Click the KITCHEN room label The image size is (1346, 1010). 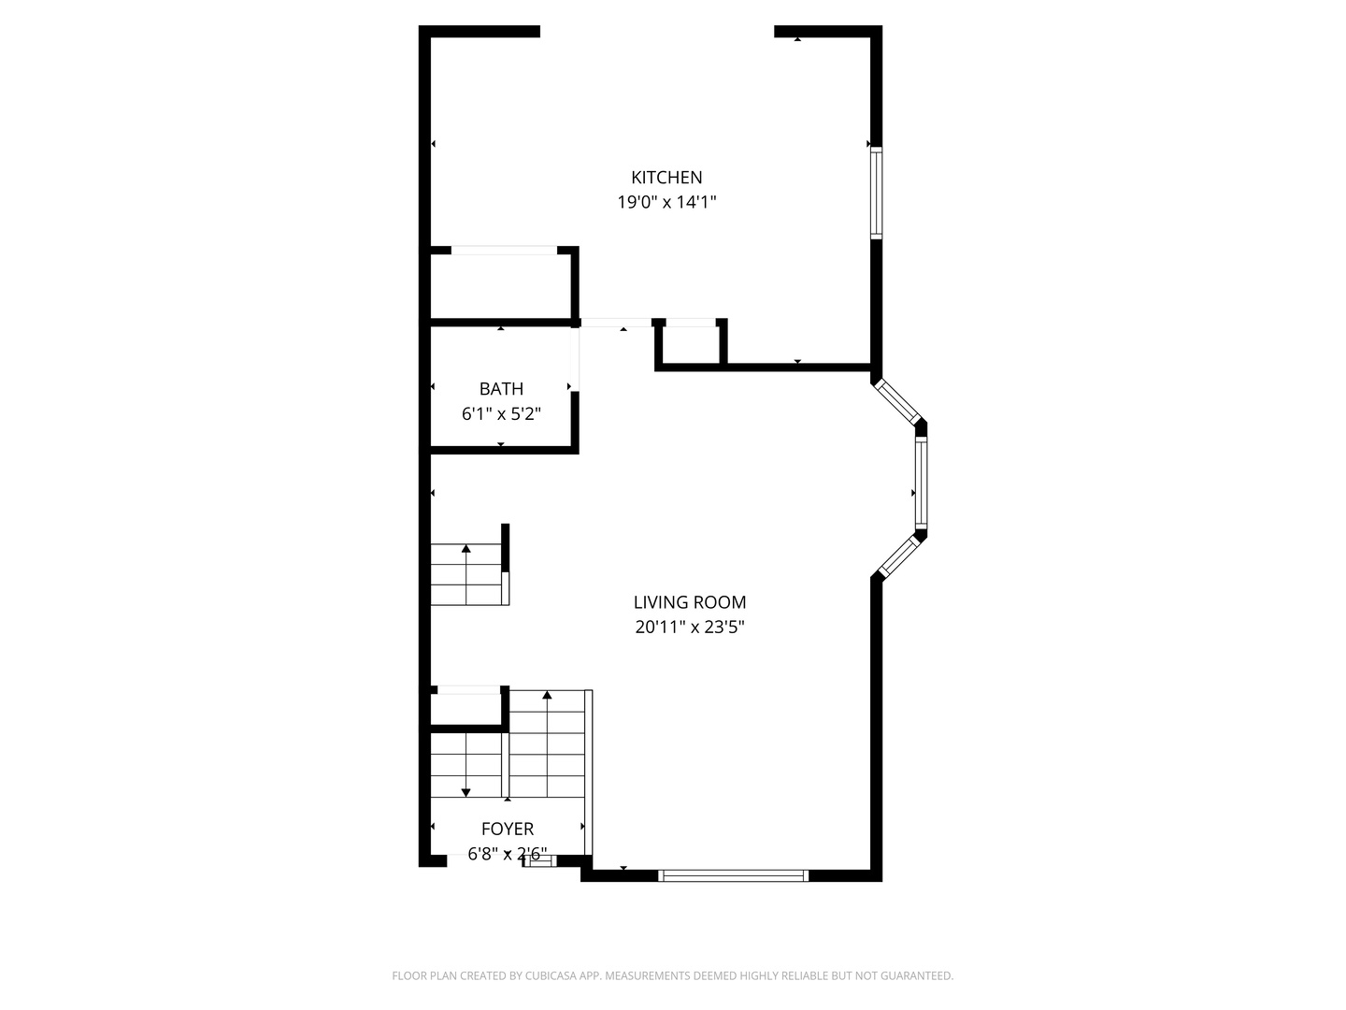[x=666, y=177]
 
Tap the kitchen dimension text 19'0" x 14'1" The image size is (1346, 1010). [x=666, y=202]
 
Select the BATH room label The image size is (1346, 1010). [x=501, y=389]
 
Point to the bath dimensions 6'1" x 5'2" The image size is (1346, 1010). [x=501, y=413]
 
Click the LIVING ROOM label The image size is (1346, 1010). [x=690, y=602]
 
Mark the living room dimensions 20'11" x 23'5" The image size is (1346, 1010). [x=690, y=628]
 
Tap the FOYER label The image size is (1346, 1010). [x=508, y=829]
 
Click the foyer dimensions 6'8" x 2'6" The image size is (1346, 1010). [x=508, y=854]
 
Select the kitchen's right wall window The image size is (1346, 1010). [x=876, y=194]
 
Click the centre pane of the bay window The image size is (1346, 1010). [x=921, y=482]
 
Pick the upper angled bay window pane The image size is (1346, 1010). [x=898, y=400]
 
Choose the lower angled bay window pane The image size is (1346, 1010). [x=899, y=555]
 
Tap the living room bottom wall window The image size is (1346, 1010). [x=733, y=875]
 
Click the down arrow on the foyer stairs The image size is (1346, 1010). [x=465, y=791]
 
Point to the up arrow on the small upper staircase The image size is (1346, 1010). [x=465, y=549]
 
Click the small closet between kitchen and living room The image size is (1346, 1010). [x=692, y=343]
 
